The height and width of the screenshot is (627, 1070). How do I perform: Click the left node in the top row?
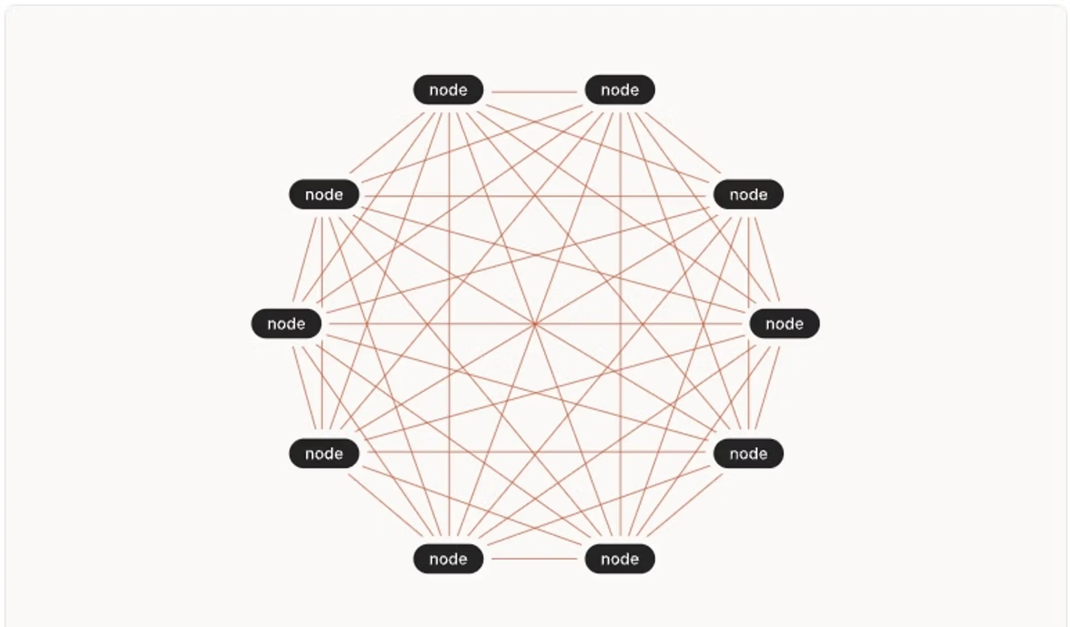coord(448,90)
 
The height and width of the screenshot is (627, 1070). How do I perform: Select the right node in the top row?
coord(620,90)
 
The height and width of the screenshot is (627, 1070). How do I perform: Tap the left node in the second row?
coord(324,195)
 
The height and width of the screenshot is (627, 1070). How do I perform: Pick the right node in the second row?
coord(748,195)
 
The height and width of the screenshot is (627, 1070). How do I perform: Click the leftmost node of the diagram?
coord(286,324)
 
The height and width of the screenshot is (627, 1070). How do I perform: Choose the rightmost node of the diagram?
coord(784,324)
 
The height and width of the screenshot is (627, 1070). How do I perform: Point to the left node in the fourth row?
coord(324,454)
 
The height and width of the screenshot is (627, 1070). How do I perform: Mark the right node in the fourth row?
coord(748,454)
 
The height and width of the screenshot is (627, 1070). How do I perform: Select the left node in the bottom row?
coord(448,559)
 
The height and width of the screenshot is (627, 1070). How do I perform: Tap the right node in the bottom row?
coord(620,559)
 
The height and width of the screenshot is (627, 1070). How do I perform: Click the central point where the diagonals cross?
coord(535,324)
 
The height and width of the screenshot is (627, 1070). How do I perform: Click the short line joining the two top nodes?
coord(534,92)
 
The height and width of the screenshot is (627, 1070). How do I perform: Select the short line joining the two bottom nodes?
coord(534,558)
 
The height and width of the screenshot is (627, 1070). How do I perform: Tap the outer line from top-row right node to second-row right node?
coord(684,143)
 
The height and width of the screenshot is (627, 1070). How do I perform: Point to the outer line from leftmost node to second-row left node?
coord(304,259)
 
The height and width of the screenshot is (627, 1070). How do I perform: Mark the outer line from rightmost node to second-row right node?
coord(767,259)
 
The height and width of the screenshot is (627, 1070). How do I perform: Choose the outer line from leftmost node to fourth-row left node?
coord(304,388)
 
